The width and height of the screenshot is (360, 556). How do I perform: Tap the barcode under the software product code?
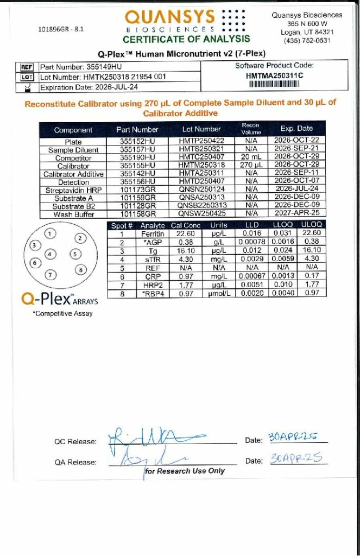pyautogui.click(x=274, y=84)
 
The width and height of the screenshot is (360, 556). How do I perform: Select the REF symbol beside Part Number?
pyautogui.click(x=27, y=67)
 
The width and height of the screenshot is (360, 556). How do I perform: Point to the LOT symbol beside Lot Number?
pyautogui.click(x=27, y=77)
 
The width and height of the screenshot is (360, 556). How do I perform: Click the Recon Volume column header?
pyautogui.click(x=250, y=129)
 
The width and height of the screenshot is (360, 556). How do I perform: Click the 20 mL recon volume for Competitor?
pyautogui.click(x=250, y=157)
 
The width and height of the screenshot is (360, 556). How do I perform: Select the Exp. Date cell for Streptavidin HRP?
pyautogui.click(x=296, y=190)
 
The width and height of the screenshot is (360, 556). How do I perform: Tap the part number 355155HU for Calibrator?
pyautogui.click(x=137, y=166)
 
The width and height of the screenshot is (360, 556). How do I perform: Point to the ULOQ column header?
pyautogui.click(x=311, y=225)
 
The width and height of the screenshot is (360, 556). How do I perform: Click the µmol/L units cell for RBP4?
pyautogui.click(x=219, y=293)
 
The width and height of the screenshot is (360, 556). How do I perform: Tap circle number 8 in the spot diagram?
pyautogui.click(x=80, y=269)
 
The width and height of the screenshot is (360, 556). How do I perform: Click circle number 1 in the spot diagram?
pyautogui.click(x=50, y=233)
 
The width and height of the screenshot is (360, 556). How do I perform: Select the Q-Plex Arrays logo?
pyautogui.click(x=52, y=298)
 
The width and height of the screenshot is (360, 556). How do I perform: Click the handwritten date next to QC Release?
pyautogui.click(x=293, y=438)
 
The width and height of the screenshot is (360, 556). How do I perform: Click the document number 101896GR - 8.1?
pyautogui.click(x=61, y=29)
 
